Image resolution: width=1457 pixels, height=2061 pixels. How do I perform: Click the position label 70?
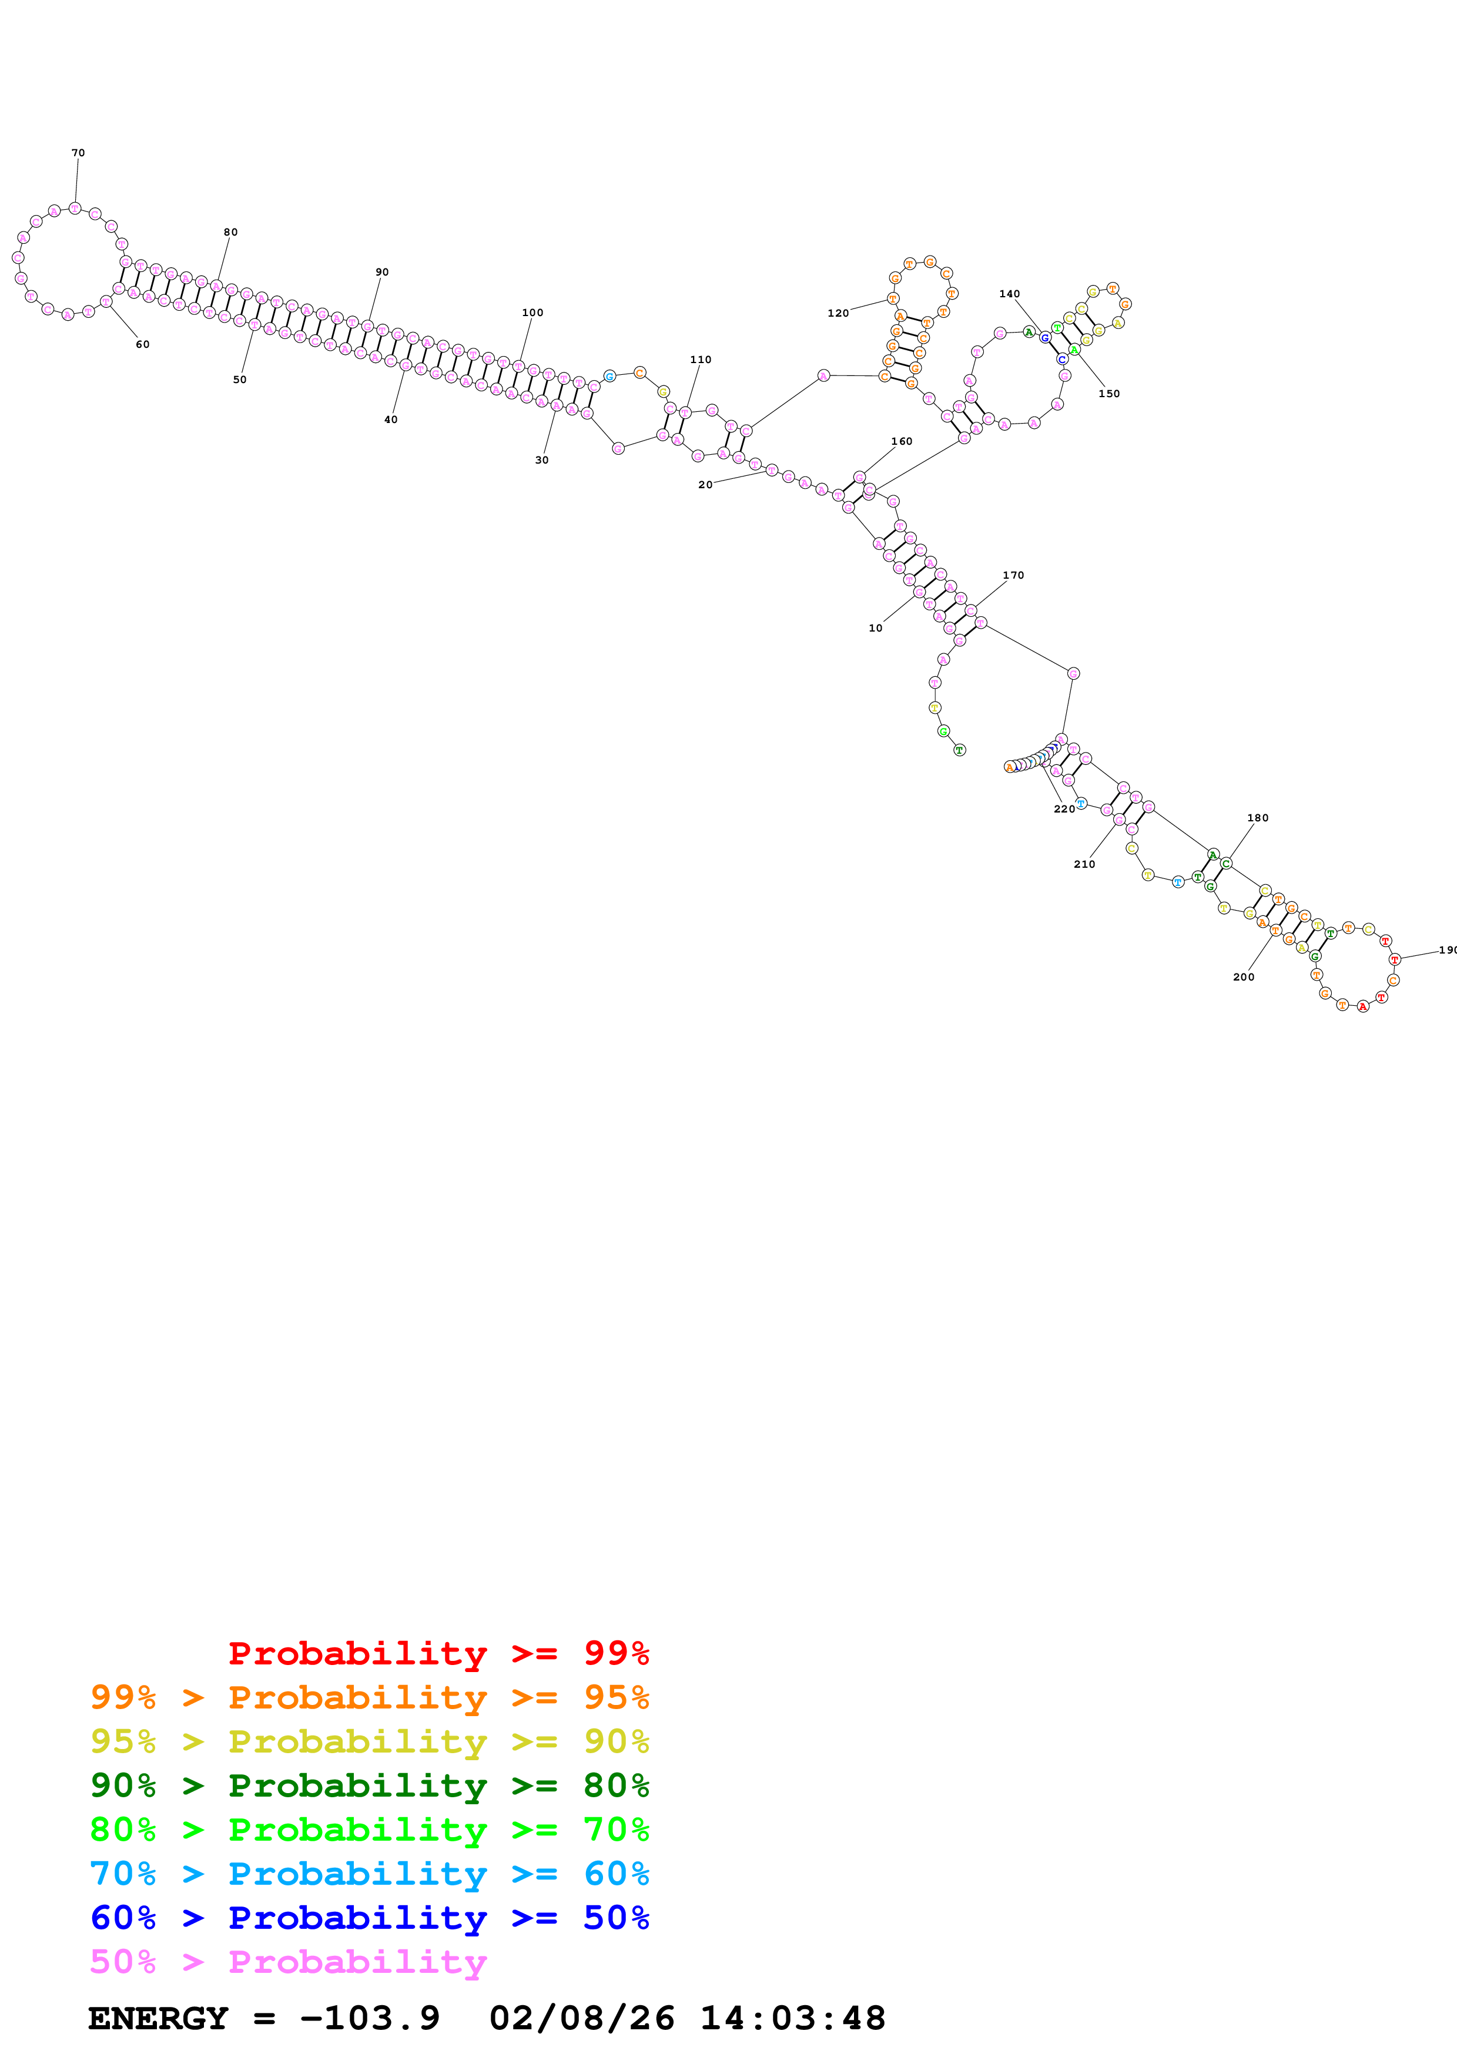[78, 153]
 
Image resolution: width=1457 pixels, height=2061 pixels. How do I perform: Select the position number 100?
[532, 313]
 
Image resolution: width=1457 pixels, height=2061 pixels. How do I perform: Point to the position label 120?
[838, 313]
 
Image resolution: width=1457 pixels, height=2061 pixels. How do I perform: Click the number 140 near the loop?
[1009, 294]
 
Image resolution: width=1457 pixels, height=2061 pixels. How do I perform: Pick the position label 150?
[1108, 393]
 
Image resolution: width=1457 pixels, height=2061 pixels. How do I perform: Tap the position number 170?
[1013, 575]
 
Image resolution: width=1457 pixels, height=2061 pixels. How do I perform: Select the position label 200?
[1243, 976]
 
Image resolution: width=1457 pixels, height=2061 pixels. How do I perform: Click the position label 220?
[1064, 809]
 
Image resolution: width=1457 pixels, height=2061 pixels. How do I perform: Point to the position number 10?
[875, 629]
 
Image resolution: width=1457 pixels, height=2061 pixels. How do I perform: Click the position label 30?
[541, 459]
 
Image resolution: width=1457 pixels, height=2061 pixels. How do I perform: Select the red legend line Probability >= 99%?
[438, 1653]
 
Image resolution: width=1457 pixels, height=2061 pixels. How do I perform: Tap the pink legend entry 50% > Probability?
[287, 1961]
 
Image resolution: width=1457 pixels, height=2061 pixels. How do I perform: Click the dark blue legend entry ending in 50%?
[369, 1918]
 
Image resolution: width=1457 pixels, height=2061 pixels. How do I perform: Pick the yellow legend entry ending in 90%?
[369, 1741]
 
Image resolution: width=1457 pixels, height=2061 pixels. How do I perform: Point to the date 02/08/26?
[582, 2018]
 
